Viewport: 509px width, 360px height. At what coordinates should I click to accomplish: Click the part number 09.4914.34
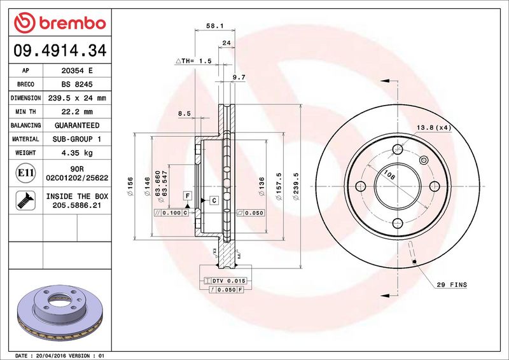(60, 50)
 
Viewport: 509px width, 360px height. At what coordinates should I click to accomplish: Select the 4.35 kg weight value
(77, 153)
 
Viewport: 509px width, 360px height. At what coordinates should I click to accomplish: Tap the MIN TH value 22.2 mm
(77, 112)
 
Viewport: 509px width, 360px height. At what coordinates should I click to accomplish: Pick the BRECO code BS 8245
(77, 85)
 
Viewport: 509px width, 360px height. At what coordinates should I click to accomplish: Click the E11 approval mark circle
(25, 173)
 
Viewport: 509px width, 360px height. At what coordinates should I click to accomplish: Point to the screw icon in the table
(25, 200)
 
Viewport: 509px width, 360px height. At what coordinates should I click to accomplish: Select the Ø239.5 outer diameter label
(296, 186)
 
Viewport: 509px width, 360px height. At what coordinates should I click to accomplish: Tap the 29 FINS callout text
(452, 285)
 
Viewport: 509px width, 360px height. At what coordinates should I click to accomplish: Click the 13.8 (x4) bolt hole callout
(434, 128)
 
